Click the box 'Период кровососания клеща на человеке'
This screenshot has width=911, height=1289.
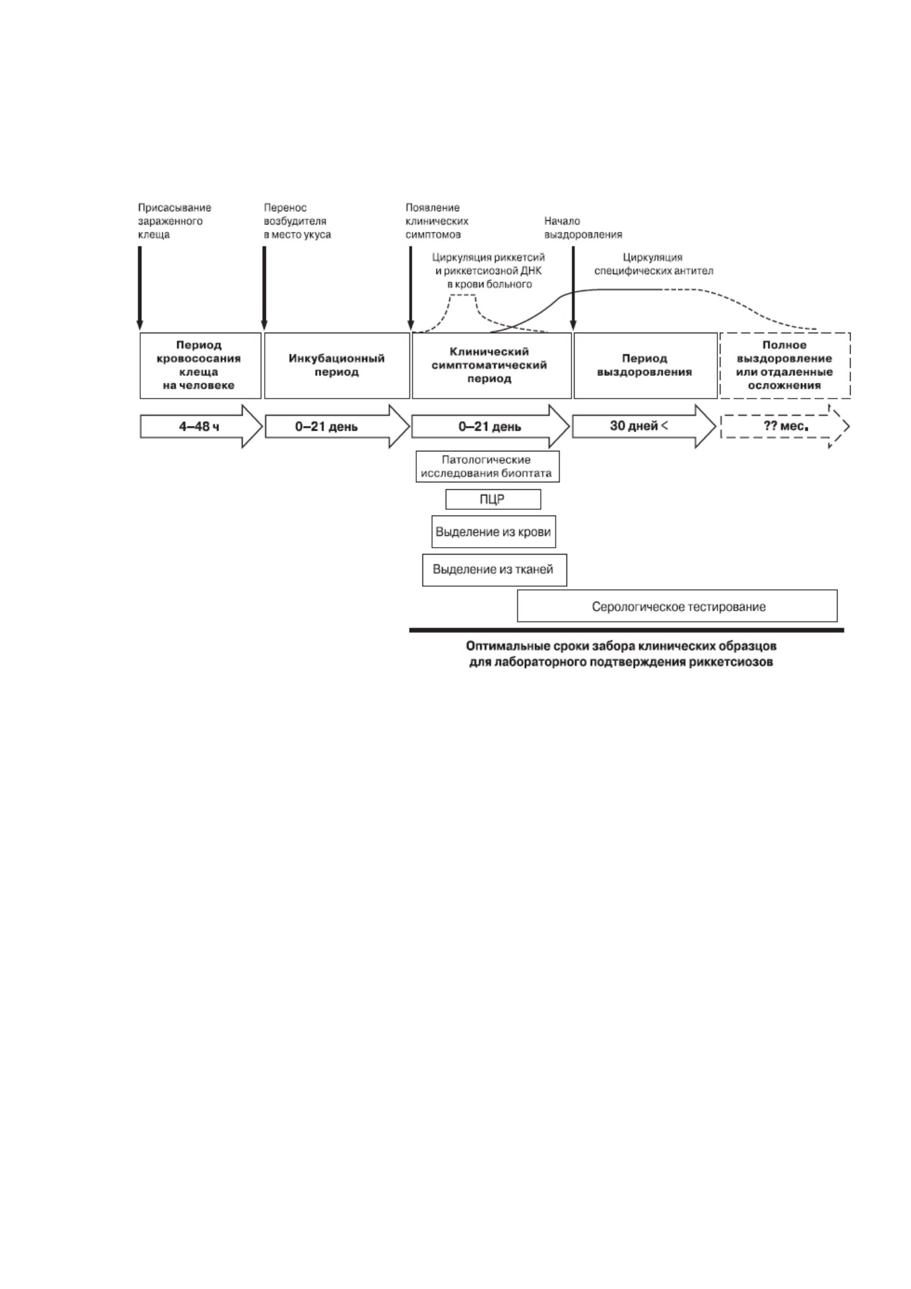pyautogui.click(x=200, y=365)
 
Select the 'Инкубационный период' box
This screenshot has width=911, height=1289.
pyautogui.click(x=337, y=365)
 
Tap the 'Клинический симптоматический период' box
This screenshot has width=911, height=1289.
pyautogui.click(x=492, y=365)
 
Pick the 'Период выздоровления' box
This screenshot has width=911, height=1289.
pyautogui.click(x=646, y=365)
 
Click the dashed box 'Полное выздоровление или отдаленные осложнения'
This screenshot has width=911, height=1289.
pyautogui.click(x=785, y=365)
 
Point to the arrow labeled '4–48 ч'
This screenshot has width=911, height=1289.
pyautogui.click(x=201, y=426)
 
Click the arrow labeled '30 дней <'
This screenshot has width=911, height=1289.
pyautogui.click(x=644, y=426)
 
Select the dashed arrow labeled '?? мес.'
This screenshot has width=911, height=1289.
pyautogui.click(x=785, y=426)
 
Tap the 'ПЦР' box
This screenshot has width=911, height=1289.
pyautogui.click(x=493, y=499)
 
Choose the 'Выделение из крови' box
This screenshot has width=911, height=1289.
pyautogui.click(x=494, y=532)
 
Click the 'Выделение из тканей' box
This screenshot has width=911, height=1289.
pyautogui.click(x=494, y=570)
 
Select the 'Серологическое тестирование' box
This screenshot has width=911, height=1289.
pyautogui.click(x=677, y=606)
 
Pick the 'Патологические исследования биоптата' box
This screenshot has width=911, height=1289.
pyautogui.click(x=487, y=467)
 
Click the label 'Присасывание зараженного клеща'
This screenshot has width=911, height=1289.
pyautogui.click(x=175, y=221)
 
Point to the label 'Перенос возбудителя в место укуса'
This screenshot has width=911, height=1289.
pyautogui.click(x=297, y=221)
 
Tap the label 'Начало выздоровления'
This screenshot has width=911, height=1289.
pyautogui.click(x=583, y=228)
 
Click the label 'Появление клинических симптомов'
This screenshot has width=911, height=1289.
pyautogui.click(x=437, y=221)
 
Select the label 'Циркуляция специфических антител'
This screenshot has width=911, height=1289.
pyautogui.click(x=654, y=264)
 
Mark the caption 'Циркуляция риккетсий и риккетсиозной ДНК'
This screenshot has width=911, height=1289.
pyautogui.click(x=489, y=264)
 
